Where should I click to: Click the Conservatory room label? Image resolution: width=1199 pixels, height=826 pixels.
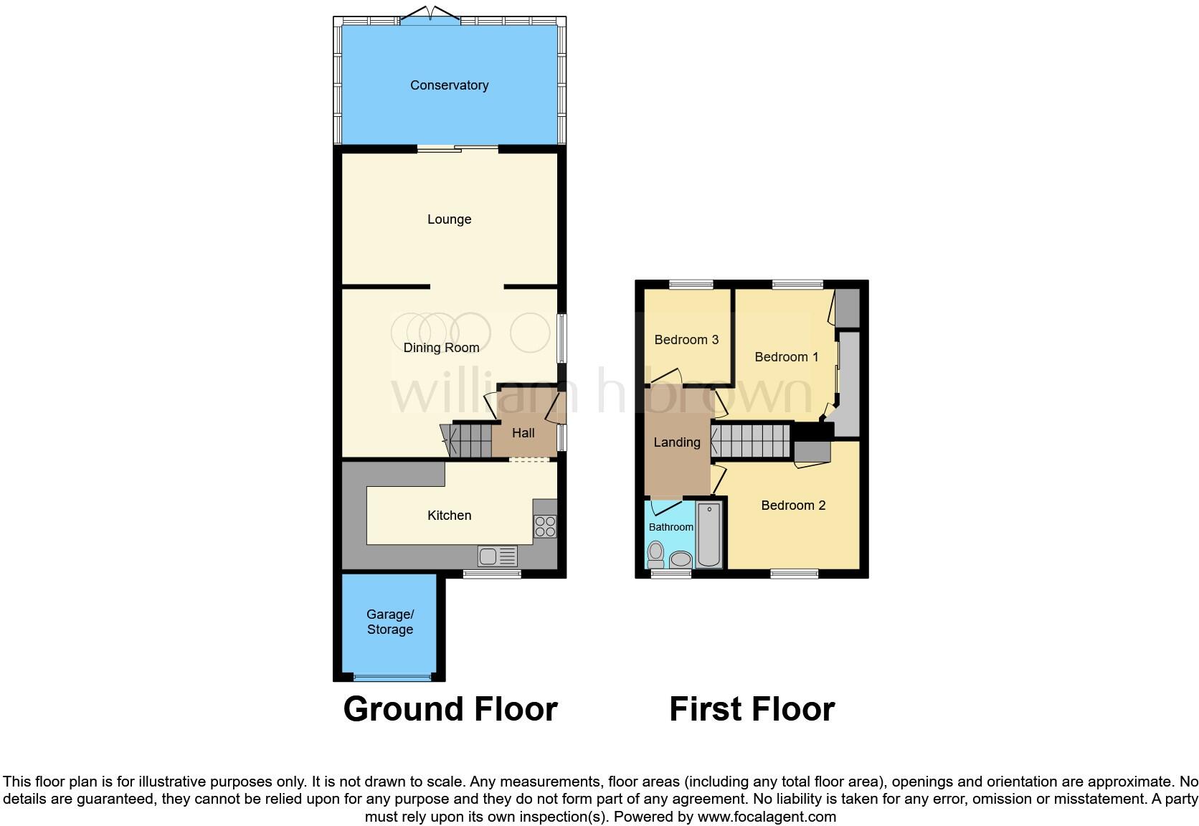449,85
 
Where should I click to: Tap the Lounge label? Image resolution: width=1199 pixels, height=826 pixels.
449,219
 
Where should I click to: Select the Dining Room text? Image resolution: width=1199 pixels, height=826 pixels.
441,348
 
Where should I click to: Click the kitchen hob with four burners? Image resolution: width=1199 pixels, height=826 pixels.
545,527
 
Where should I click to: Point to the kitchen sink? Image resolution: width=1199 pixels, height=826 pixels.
497,556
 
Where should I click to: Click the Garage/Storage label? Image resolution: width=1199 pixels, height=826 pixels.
390,622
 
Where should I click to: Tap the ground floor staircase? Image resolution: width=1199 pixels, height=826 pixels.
470,440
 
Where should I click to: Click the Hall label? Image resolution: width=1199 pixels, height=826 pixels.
523,433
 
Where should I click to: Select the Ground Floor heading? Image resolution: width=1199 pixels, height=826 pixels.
450,709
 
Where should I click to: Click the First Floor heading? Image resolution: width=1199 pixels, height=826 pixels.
752,709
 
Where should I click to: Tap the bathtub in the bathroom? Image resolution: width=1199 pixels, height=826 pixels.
709,535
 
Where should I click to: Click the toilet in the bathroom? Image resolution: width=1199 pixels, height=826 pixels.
655,554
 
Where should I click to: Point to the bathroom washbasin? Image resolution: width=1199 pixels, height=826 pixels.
679,559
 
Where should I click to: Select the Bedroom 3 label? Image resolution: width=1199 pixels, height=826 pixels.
686,340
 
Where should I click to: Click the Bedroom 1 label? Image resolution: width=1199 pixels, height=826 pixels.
786,357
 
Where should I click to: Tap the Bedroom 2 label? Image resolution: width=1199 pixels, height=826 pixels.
793,505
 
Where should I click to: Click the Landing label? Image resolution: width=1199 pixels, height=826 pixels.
676,442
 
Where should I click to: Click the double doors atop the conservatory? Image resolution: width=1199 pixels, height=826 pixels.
430,16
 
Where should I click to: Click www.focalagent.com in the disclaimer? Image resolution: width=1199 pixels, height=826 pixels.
767,817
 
